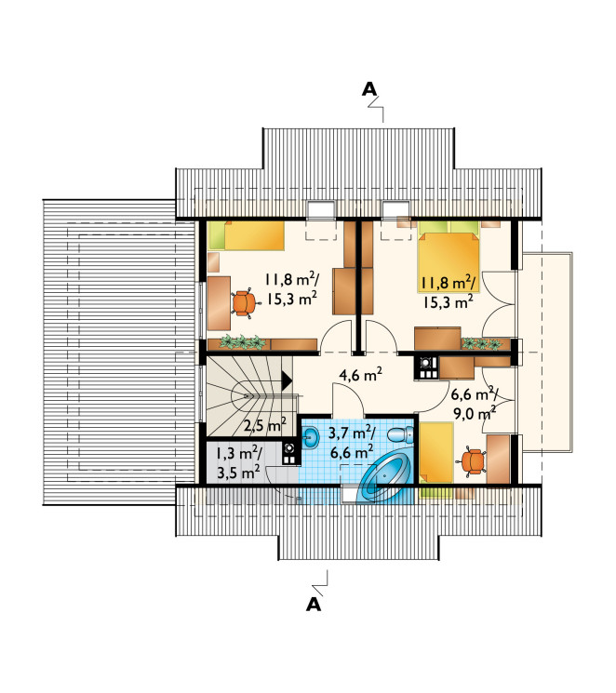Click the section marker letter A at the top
click(369, 89)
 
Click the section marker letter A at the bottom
click(314, 604)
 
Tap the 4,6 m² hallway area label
click(360, 375)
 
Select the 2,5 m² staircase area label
click(265, 425)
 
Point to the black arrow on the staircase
click(286, 380)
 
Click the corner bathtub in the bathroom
click(384, 479)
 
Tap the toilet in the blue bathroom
click(400, 434)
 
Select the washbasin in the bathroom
click(312, 437)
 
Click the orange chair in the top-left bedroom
click(243, 302)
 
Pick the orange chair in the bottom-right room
click(474, 462)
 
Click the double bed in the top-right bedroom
click(449, 257)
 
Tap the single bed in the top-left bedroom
click(247, 235)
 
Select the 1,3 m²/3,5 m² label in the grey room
click(238, 463)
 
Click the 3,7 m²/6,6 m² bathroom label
click(352, 443)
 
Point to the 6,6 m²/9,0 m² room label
click(474, 403)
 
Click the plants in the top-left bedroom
click(242, 342)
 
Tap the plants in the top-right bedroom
click(482, 343)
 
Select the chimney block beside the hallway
click(426, 368)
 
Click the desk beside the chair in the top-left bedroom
click(219, 303)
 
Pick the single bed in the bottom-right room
click(436, 453)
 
